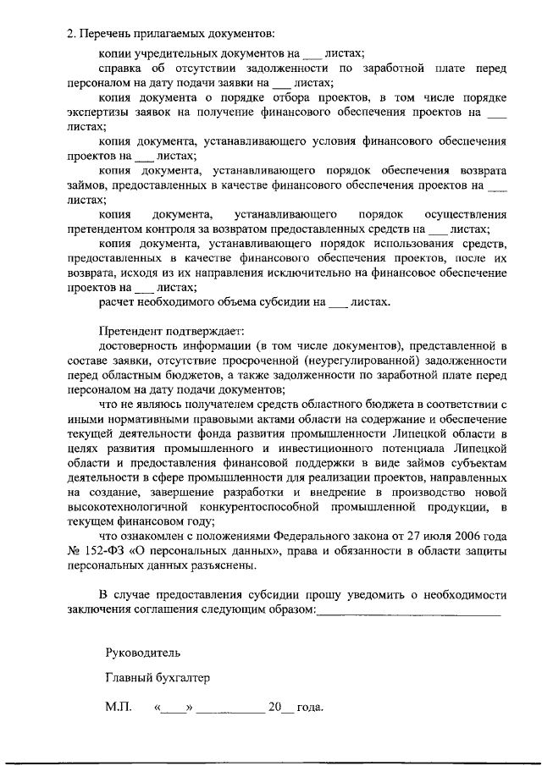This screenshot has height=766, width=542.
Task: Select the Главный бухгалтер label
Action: coord(157,679)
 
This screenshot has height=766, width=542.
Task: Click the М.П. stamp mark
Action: coord(119,707)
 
